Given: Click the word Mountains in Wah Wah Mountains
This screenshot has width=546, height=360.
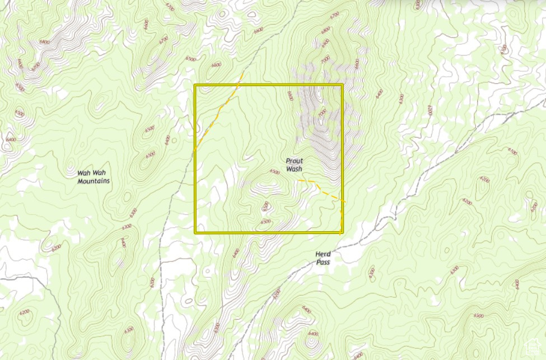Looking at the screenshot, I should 94,181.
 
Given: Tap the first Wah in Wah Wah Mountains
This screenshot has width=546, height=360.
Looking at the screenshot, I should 83,173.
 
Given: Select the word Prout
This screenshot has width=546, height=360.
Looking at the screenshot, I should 294,161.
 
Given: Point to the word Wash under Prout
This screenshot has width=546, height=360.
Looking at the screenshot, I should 294,169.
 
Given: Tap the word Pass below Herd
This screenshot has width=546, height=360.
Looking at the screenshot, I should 322,261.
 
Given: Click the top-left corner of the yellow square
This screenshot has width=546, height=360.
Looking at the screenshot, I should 195,85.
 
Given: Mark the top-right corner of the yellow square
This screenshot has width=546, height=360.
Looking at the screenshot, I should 342,85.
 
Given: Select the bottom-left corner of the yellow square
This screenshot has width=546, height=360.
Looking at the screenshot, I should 195,232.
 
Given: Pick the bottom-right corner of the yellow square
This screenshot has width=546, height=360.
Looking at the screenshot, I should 342,232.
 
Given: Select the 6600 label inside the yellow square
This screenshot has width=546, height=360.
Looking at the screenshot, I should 290,96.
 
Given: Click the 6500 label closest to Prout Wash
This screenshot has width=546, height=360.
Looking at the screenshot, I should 274,172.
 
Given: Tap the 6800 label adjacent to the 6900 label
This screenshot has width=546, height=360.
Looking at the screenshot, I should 325,30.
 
